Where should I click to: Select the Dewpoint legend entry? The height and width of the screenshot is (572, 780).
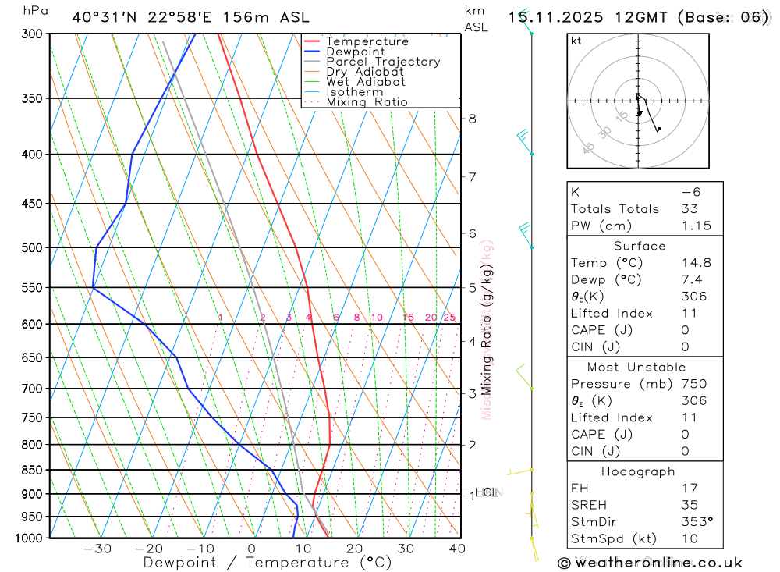pyautogui.click(x=355, y=52)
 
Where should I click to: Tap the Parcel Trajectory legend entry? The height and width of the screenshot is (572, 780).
pyautogui.click(x=382, y=62)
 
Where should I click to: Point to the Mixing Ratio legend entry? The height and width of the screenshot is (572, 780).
pyautogui.click(x=366, y=102)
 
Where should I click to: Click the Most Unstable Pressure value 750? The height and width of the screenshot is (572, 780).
pyautogui.click(x=693, y=384)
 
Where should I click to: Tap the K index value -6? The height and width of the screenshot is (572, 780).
pyautogui.click(x=691, y=192)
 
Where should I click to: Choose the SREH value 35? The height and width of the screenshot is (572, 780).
pyautogui.click(x=690, y=505)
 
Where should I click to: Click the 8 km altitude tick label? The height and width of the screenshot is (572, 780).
pyautogui.click(x=472, y=119)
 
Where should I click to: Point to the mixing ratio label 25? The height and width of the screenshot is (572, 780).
pyautogui.click(x=449, y=318)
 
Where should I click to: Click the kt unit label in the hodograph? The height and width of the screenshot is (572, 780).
pyautogui.click(x=576, y=41)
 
